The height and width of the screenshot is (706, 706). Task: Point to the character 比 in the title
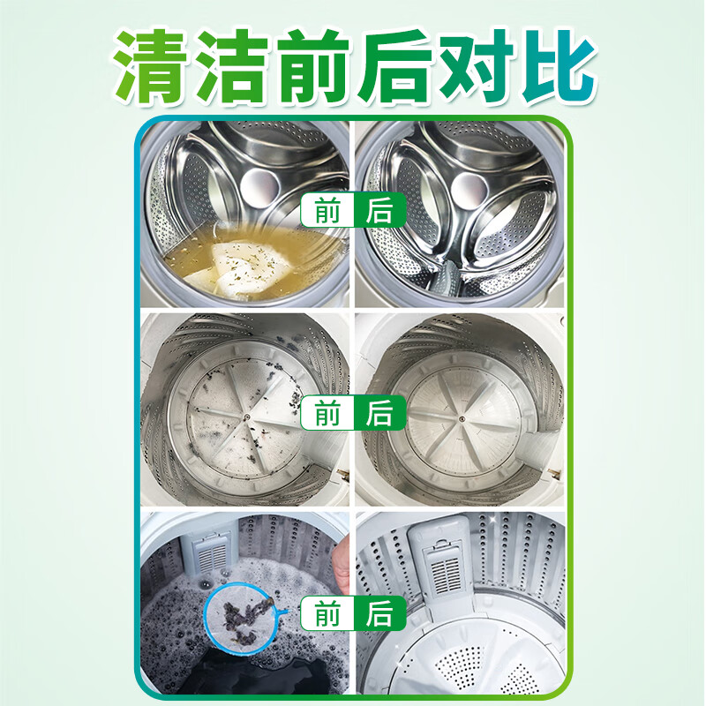click(559, 67)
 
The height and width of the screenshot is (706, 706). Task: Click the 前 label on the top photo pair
click(327, 211)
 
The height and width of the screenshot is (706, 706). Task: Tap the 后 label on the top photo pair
click(379, 211)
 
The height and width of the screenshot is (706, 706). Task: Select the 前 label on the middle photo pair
click(327, 412)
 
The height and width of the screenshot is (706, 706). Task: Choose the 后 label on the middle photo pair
click(379, 412)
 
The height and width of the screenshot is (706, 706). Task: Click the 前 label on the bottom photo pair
click(327, 612)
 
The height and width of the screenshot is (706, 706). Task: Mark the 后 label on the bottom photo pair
click(379, 612)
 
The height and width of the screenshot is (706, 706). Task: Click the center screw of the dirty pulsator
click(247, 417)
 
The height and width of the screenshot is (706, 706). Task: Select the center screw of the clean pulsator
click(462, 418)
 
